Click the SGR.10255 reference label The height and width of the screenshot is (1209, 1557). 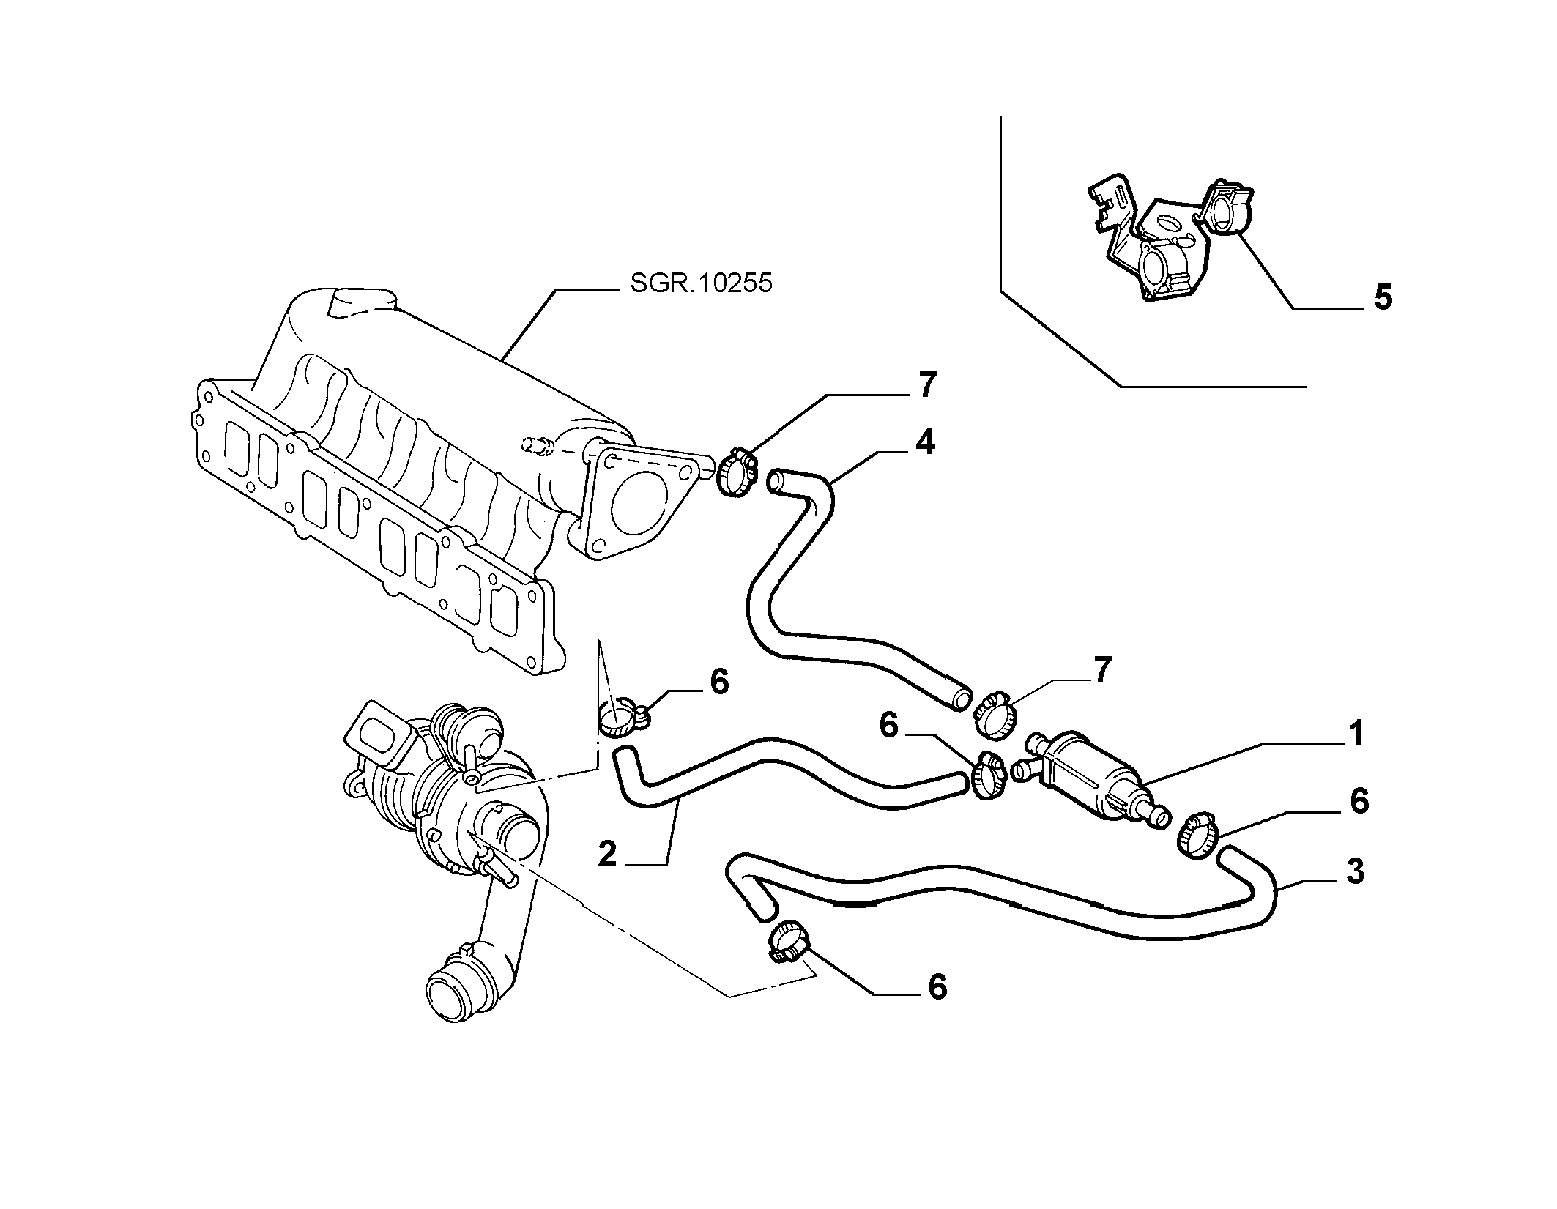701,283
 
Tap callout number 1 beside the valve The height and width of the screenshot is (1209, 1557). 1356,734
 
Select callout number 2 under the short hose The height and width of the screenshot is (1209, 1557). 607,855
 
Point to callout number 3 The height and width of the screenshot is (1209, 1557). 1356,872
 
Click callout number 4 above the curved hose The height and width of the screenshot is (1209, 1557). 925,442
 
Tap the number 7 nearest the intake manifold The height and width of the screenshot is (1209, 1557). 926,385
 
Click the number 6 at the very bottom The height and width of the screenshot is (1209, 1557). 937,987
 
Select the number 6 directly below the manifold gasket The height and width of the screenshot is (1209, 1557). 720,682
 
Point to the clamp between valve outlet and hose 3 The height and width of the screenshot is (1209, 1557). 1197,835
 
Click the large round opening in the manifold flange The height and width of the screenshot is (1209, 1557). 635,505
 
